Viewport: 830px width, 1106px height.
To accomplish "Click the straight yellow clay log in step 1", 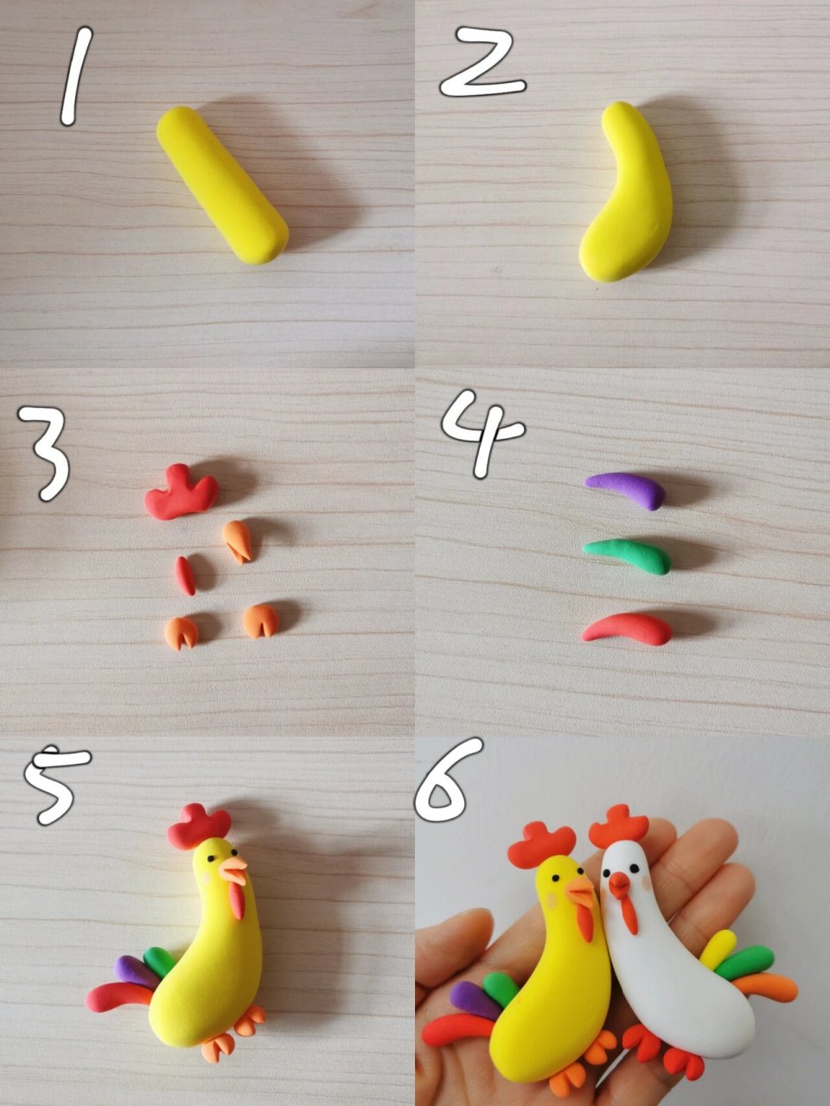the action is [x=222, y=185].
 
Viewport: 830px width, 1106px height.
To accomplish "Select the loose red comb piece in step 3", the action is [x=182, y=492].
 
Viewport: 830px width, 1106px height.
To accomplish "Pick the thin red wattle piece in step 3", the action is [x=185, y=575].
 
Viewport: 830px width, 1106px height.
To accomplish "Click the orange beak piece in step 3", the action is [x=238, y=542].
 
